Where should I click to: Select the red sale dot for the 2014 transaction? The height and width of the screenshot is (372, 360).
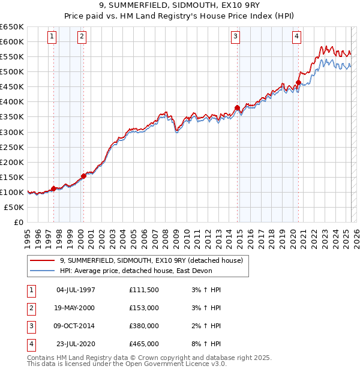point(237,108)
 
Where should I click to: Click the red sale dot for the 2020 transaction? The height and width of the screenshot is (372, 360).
point(298,82)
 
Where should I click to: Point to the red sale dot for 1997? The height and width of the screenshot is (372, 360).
point(53,188)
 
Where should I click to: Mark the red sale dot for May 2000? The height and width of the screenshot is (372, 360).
point(83,176)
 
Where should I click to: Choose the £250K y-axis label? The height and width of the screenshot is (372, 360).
point(12,147)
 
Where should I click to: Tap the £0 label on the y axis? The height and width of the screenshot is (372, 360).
point(18,222)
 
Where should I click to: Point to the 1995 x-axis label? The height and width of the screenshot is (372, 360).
point(28,234)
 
